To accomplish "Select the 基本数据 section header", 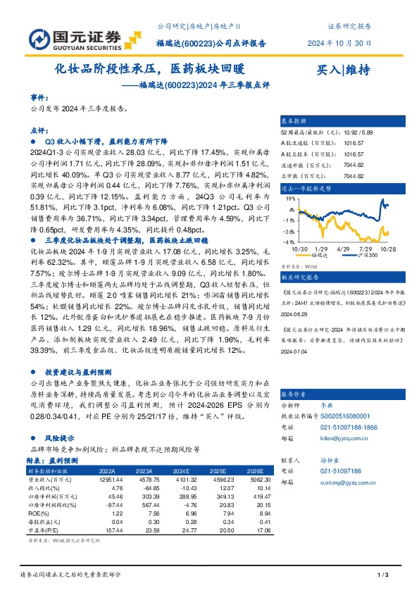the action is pos(294,122).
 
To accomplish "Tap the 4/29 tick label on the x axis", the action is pos(344,249).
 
